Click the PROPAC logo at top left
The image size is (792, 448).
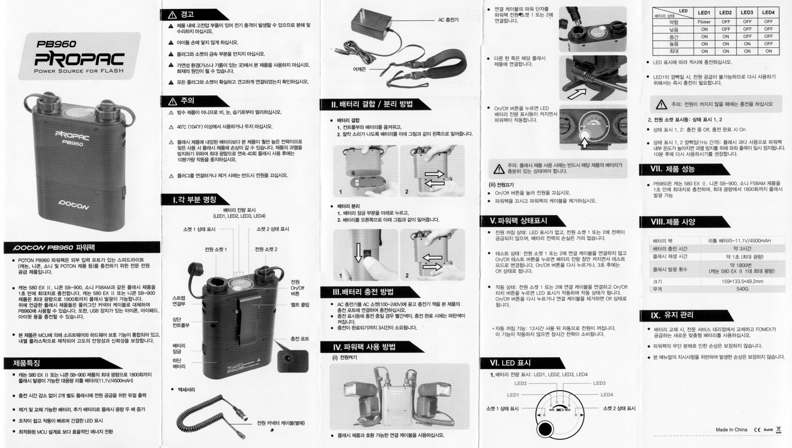(x=79, y=59)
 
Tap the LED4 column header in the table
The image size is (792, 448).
(x=768, y=12)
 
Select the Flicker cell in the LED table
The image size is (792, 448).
(x=704, y=22)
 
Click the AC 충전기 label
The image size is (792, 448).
(x=448, y=20)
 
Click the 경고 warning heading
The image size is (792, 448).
(x=187, y=15)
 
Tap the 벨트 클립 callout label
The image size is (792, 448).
(x=300, y=305)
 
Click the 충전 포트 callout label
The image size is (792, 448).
(x=300, y=339)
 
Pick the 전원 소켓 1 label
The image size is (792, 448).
(x=216, y=249)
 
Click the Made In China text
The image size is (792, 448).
(x=731, y=429)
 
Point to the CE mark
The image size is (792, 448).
(x=757, y=430)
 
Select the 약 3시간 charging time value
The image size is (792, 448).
(x=742, y=248)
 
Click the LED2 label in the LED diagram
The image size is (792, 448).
(x=520, y=383)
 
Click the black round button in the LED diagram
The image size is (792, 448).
(x=544, y=430)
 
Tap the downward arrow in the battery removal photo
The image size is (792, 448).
(x=359, y=252)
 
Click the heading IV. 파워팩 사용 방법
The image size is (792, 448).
(x=364, y=347)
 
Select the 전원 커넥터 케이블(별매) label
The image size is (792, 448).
(x=281, y=423)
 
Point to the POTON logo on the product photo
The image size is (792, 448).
(x=74, y=204)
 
